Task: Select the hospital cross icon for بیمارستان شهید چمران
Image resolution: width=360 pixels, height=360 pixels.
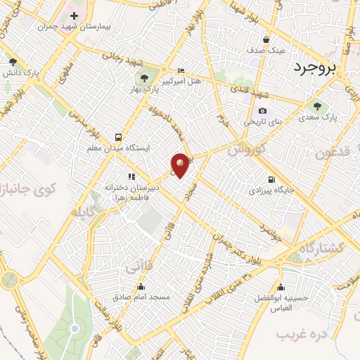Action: (74, 15)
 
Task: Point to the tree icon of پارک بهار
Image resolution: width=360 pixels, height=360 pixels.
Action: (144, 78)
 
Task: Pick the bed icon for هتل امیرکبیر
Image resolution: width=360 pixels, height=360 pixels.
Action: (181, 70)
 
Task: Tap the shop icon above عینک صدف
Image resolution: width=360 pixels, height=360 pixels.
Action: (266, 39)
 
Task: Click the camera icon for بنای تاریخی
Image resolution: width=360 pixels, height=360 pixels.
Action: (262, 110)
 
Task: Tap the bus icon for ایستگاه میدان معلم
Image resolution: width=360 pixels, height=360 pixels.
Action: (117, 137)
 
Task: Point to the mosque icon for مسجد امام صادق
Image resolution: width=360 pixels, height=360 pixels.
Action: (141, 286)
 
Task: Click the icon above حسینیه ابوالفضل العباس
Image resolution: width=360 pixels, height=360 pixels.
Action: (281, 287)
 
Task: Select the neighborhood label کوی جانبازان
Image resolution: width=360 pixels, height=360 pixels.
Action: (28, 188)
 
